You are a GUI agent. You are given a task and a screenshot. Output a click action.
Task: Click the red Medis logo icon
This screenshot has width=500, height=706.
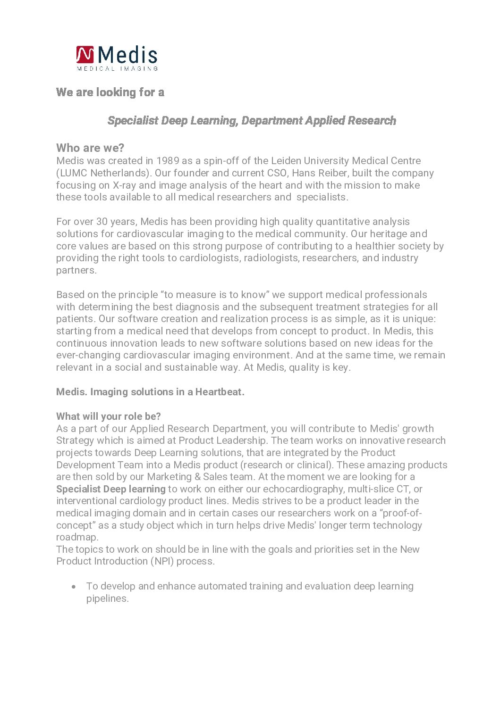tap(85, 54)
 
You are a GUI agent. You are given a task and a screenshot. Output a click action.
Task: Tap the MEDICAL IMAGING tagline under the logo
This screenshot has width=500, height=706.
tap(117, 68)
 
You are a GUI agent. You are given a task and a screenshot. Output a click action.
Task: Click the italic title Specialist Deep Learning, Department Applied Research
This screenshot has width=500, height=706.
tap(252, 120)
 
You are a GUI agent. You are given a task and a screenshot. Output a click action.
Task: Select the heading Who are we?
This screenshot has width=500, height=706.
tap(90, 148)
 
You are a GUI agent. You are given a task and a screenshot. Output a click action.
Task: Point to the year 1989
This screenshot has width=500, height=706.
tap(168, 161)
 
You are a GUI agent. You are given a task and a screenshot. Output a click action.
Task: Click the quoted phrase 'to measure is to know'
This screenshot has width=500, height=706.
tap(215, 295)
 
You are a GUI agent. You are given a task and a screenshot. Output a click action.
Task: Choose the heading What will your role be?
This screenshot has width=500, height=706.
tap(109, 416)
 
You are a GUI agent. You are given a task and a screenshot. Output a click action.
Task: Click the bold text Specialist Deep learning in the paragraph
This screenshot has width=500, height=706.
tap(111, 489)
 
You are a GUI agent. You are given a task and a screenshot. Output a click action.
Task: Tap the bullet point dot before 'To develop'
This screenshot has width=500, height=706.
tap(74, 587)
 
